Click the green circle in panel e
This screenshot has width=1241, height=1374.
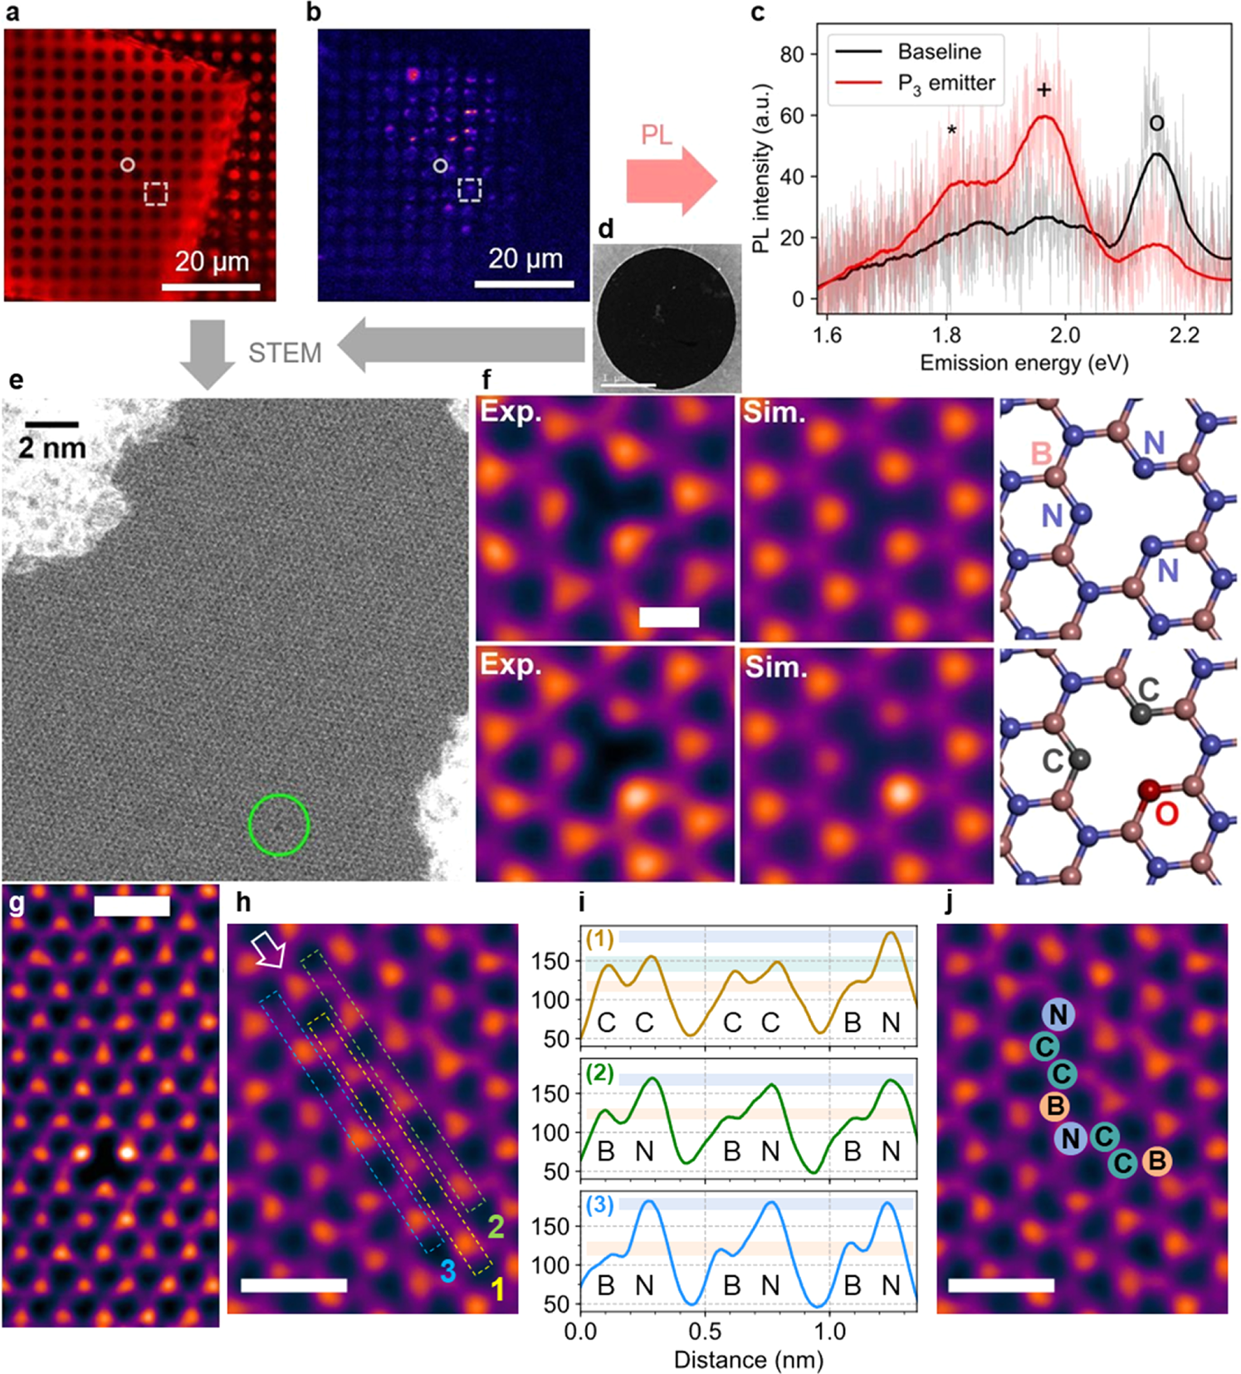[279, 824]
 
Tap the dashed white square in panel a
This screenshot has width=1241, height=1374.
[155, 193]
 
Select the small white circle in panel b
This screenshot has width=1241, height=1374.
[440, 166]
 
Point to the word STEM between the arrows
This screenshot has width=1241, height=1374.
[285, 353]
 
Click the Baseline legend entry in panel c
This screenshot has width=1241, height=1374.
[939, 52]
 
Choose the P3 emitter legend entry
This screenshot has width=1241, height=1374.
[945, 84]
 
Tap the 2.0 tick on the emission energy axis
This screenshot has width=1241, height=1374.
[1065, 335]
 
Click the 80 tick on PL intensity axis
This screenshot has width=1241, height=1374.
[793, 55]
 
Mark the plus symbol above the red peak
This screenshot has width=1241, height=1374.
[1043, 90]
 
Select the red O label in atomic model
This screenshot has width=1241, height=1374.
[1166, 814]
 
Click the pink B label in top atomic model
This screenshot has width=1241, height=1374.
[1040, 453]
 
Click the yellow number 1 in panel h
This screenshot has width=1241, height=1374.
[497, 1288]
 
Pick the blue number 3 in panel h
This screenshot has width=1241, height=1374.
[447, 1271]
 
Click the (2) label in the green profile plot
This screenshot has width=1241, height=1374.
[599, 1073]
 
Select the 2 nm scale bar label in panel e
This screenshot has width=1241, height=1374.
[51, 448]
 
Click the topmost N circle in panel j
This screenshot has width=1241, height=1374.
[1058, 1014]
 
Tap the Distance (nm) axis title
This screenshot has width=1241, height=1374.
[748, 1359]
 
